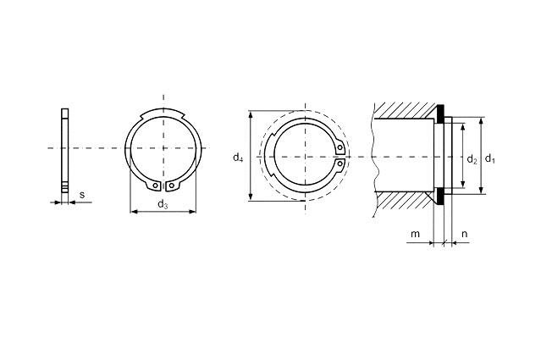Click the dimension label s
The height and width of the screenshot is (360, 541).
pos(82,195)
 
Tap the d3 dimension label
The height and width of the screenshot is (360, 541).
pos(163,205)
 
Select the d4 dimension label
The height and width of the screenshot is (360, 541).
pos(238,158)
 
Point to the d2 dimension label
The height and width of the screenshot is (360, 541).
pos(472,159)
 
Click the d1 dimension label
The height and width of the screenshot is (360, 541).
pos(490,158)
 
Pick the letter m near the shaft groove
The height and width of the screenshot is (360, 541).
pos(416,234)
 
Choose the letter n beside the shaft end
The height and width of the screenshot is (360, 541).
pos(465,234)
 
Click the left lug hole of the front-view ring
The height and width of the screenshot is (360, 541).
pos(156,186)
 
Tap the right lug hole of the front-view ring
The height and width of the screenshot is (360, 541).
pos(171,186)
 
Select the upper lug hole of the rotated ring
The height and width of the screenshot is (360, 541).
pos(340,148)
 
